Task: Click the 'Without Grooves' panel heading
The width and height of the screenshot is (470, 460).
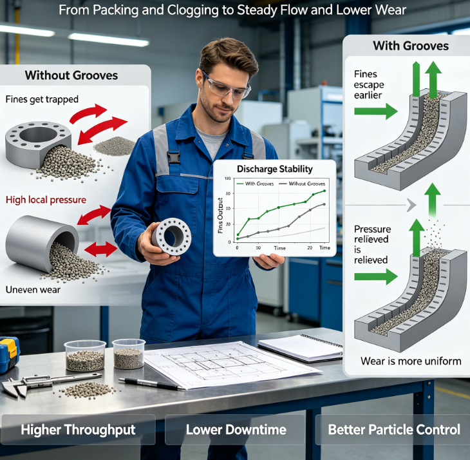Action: tap(71, 75)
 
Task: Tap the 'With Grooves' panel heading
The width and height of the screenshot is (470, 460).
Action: tap(411, 46)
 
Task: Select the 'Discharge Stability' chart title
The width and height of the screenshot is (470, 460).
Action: tap(274, 169)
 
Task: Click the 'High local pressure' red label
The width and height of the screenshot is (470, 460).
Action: tap(46, 200)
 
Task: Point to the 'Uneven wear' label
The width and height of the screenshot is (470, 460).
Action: tap(33, 290)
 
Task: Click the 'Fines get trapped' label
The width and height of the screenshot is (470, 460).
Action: tap(42, 99)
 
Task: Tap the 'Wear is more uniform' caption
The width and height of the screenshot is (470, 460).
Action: tap(411, 361)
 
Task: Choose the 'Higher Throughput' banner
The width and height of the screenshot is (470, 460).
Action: tap(78, 430)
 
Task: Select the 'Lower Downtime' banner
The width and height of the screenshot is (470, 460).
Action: tap(236, 430)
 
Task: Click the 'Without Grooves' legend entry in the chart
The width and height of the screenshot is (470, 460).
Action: tap(302, 184)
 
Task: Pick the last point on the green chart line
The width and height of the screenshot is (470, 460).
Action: tap(324, 191)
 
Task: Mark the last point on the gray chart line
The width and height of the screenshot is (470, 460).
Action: tap(324, 204)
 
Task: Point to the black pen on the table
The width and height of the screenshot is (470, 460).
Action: tap(152, 384)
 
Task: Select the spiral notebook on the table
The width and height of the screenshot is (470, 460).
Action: tap(301, 348)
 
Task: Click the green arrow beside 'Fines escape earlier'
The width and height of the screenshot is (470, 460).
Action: tap(376, 111)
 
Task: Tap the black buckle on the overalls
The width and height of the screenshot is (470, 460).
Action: tap(174, 157)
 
